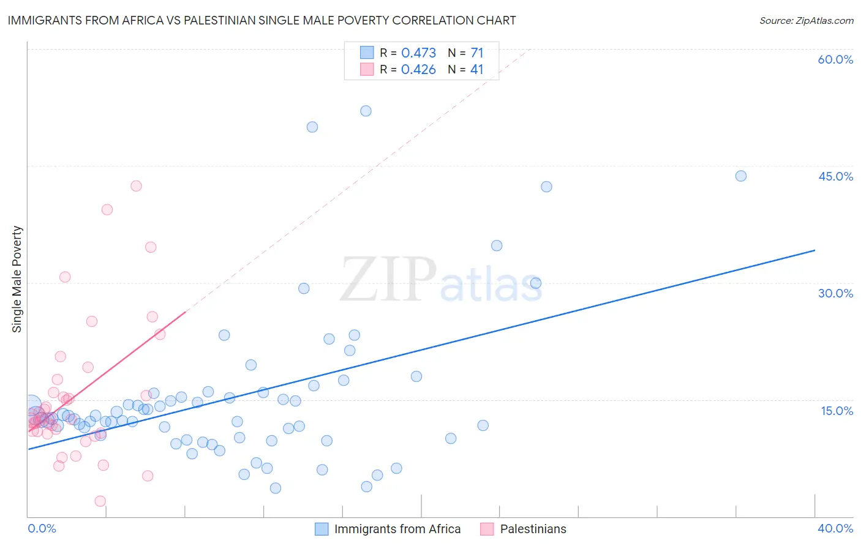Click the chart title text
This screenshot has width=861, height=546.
pos(261,20)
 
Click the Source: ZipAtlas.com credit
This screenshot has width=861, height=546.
pos(806,20)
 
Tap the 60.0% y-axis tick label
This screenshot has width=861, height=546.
pos(835,59)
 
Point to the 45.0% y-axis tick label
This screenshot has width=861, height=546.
pos(835,176)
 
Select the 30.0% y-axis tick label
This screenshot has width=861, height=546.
pos(835,293)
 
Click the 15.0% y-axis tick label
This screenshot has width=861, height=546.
pos(837,411)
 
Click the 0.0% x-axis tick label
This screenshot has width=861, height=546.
pos(42,528)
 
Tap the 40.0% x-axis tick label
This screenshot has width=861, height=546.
pos(835,528)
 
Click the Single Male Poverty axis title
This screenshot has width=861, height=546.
pos(17,279)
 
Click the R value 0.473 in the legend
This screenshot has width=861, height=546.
pos(418,53)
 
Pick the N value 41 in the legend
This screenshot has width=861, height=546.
pos(476,70)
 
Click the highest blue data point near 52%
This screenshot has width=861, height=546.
pos(366,111)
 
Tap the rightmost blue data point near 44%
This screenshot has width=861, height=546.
pos(740,176)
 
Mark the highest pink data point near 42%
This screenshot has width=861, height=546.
pos(136,186)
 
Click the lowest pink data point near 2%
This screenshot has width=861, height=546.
pos(100,501)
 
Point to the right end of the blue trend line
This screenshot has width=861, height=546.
pos(814,250)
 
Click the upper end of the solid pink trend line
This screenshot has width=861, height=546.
pos(185,312)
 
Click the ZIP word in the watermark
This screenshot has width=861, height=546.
pos(388,280)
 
